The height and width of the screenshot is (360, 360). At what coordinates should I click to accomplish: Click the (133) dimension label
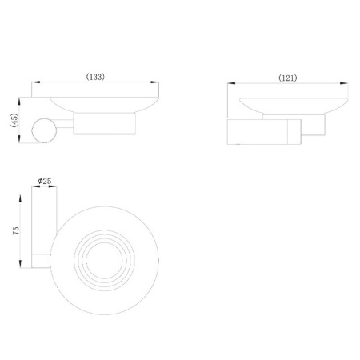(x=95, y=77)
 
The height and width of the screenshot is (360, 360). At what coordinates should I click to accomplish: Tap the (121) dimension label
(x=288, y=78)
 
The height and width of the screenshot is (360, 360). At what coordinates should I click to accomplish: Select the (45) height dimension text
(x=14, y=120)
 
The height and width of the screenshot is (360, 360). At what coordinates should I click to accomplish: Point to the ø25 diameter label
(x=45, y=181)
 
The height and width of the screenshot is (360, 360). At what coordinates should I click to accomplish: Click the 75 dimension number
(x=16, y=230)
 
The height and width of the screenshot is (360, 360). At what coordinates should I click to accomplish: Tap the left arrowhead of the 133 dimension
(x=36, y=82)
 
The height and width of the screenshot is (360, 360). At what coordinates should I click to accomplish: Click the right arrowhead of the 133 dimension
(x=154, y=82)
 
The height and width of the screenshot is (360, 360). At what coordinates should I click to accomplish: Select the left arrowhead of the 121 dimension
(x=231, y=83)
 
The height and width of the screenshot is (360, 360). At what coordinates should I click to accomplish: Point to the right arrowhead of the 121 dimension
(x=344, y=83)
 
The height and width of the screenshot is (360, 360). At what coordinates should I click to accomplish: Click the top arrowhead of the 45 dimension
(x=19, y=102)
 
